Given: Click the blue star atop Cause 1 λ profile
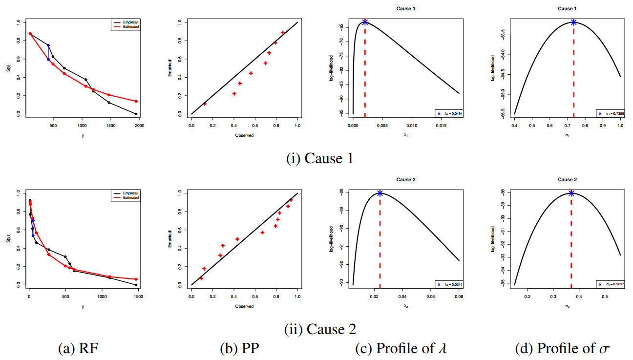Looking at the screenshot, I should pyautogui.click(x=365, y=22).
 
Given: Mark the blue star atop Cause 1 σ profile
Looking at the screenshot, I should pyautogui.click(x=573, y=22).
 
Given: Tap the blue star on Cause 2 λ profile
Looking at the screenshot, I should pyautogui.click(x=380, y=193).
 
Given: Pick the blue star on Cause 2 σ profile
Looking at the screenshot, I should pyautogui.click(x=571, y=193).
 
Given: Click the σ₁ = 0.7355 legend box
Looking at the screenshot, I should pyautogui.click(x=610, y=113).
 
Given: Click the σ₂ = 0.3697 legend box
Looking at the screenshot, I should pyautogui.click(x=610, y=284).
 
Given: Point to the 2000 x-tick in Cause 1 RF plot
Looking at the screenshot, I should pyautogui.click(x=140, y=126).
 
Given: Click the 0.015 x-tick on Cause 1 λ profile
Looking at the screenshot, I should pyautogui.click(x=442, y=126).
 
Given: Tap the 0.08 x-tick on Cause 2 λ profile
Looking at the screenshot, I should pyautogui.click(x=459, y=296).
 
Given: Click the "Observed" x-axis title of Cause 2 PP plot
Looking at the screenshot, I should pyautogui.click(x=244, y=306).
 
